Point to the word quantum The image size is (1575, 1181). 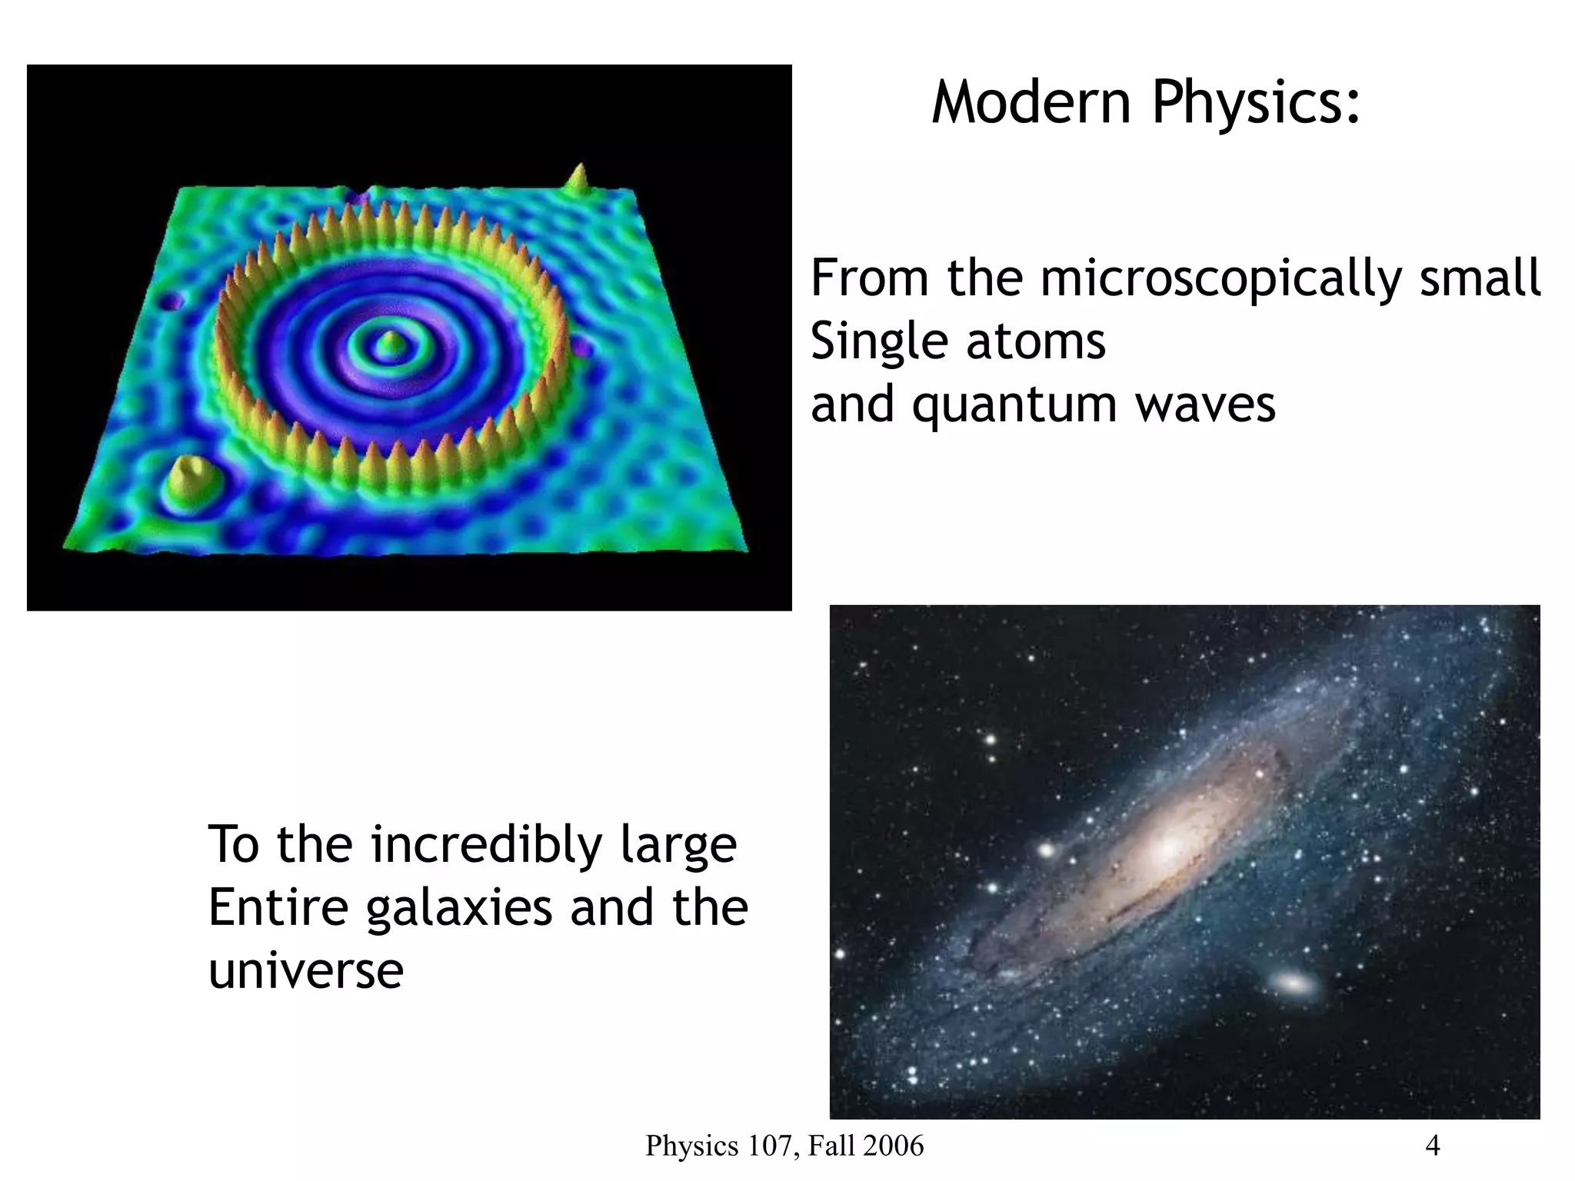click(1014, 406)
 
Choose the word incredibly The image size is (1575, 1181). click(486, 845)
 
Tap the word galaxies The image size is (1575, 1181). click(458, 908)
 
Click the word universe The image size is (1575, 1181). click(305, 970)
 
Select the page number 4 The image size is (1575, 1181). click(1432, 1146)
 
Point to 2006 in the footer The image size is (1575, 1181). click(894, 1146)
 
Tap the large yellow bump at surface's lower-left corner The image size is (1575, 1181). click(188, 478)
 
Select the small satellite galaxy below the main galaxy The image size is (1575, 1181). click(1294, 983)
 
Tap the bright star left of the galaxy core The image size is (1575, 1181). click(1047, 850)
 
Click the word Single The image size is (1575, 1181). click(876, 341)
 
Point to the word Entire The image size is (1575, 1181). click(278, 908)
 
